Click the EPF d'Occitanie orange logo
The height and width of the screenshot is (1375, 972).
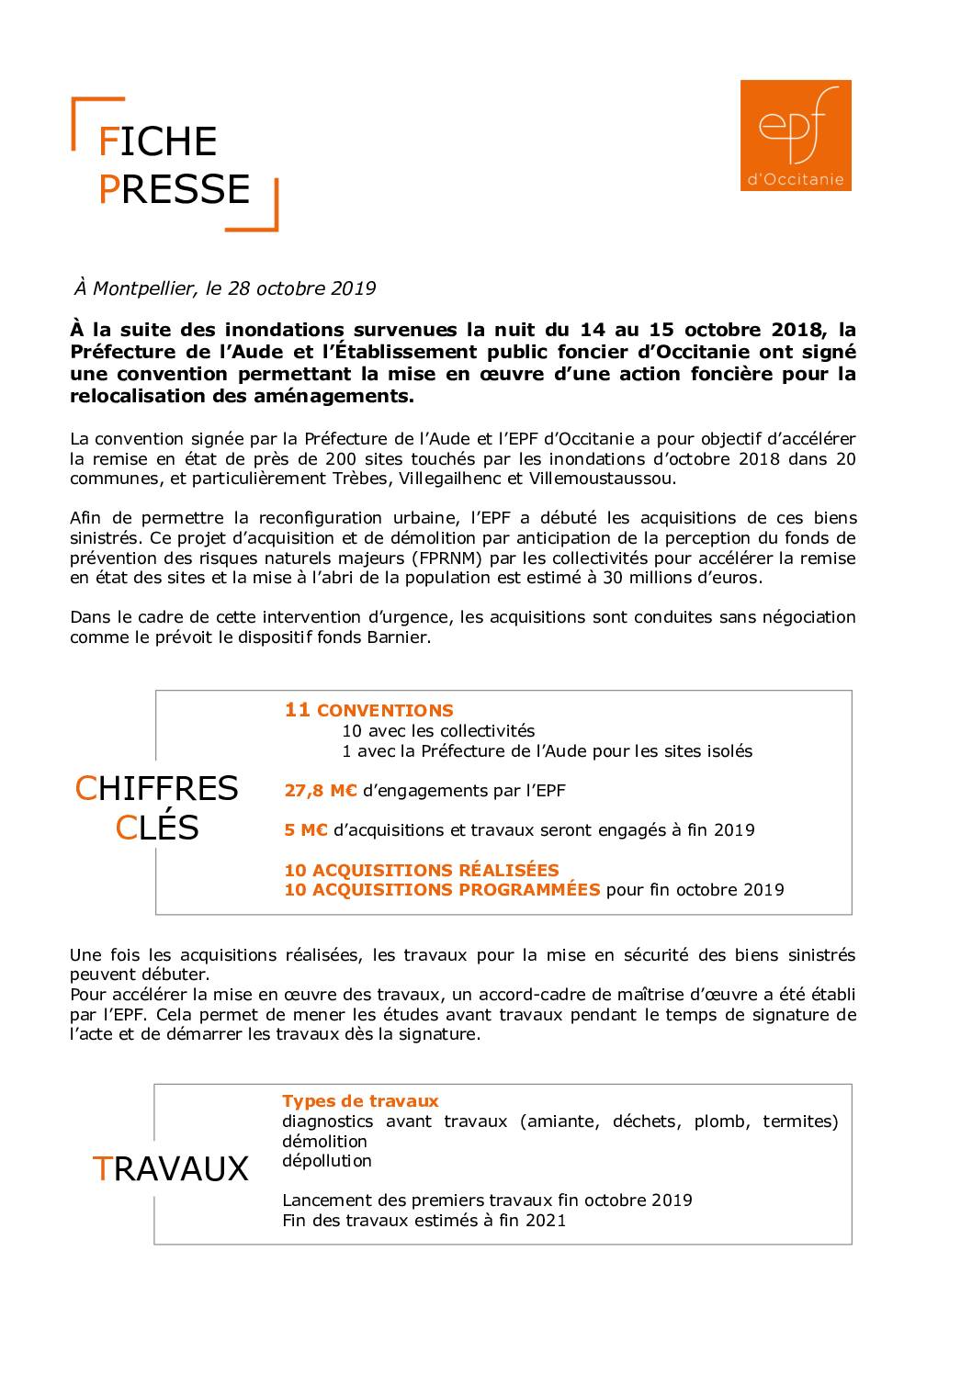pyautogui.click(x=796, y=135)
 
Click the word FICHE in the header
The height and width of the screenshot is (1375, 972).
pyautogui.click(x=157, y=141)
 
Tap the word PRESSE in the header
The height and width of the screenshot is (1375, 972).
pyautogui.click(x=174, y=189)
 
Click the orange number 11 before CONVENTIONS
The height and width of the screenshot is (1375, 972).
pyautogui.click(x=297, y=710)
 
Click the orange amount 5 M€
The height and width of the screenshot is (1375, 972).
pyautogui.click(x=306, y=829)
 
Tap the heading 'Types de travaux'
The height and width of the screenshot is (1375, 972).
pyautogui.click(x=360, y=1100)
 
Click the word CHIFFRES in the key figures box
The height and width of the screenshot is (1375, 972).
pyautogui.click(x=156, y=788)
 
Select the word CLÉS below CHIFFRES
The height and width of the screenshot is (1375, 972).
pyautogui.click(x=157, y=828)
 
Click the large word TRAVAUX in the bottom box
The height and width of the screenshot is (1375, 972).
pyautogui.click(x=171, y=1168)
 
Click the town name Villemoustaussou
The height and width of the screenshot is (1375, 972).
pyautogui.click(x=600, y=479)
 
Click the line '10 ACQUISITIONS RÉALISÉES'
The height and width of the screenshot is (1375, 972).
pyautogui.click(x=422, y=870)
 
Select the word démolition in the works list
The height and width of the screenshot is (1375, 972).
pyautogui.click(x=324, y=1141)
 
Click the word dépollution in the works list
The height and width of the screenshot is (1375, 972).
pyautogui.click(x=327, y=1160)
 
